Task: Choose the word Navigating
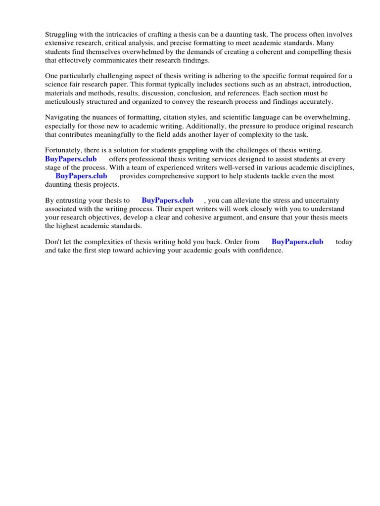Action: click(x=62, y=118)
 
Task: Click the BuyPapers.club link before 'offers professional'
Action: click(x=71, y=159)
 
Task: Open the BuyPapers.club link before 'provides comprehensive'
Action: click(x=81, y=176)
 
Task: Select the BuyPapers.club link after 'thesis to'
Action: click(x=167, y=200)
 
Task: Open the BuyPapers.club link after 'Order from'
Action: click(x=297, y=242)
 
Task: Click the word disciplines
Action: click(x=335, y=168)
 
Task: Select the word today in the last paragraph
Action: click(x=344, y=242)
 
